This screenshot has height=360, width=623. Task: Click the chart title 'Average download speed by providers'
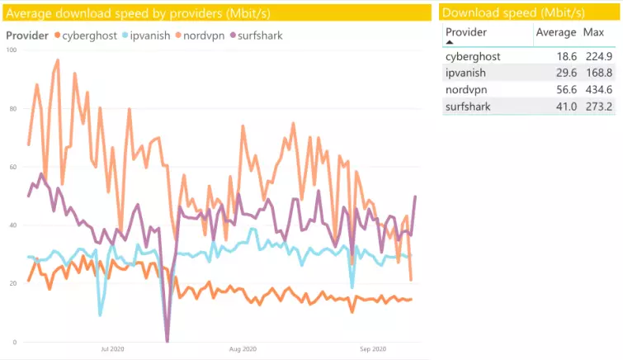[x=139, y=12]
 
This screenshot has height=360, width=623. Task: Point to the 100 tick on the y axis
[x=11, y=50]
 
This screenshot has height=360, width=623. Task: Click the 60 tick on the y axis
[x=12, y=168]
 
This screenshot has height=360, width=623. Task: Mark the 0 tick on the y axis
[x=14, y=342]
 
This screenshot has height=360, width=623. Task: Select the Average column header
[x=555, y=31]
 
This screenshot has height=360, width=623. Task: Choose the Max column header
[x=593, y=31]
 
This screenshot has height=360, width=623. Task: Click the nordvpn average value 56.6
[x=564, y=89]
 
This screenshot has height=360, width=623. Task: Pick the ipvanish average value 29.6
[x=564, y=73]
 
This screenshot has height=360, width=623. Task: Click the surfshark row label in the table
[x=468, y=106]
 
